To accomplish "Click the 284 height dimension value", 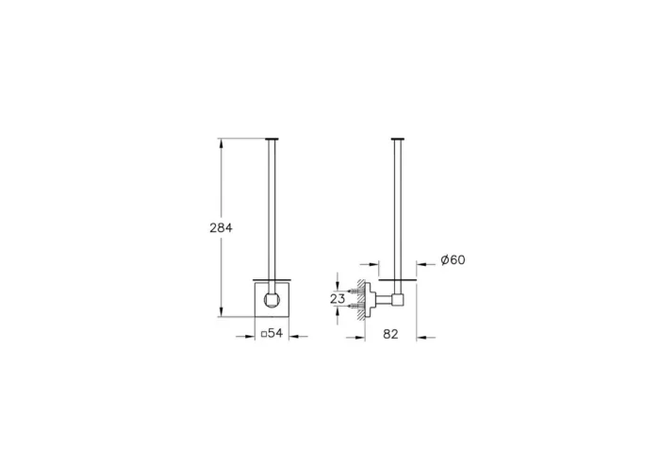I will [219, 227].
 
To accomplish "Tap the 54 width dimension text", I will [273, 333].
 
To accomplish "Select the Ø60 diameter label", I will [453, 261].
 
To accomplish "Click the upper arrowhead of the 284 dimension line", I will [222, 142].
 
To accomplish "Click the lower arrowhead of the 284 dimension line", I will [222, 313].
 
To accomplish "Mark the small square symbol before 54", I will [263, 333].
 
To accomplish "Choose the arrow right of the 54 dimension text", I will [294, 333].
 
